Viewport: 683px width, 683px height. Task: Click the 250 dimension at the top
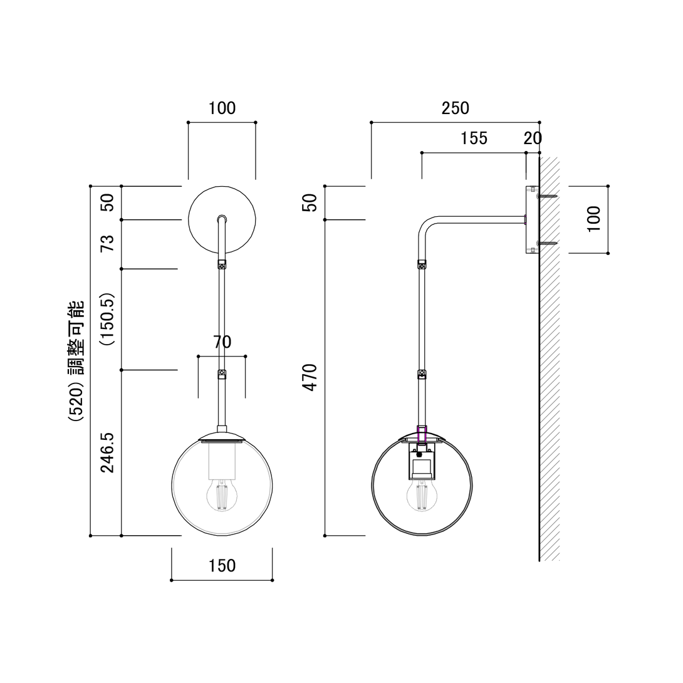pos(455,108)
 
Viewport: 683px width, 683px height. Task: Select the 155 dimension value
pos(474,138)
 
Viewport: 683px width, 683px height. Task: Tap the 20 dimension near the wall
pos(532,138)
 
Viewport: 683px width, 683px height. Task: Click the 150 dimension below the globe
pos(222,566)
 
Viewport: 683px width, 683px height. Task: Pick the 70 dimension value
pos(222,342)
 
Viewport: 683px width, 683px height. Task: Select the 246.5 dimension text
pos(108,451)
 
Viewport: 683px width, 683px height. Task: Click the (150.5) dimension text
pos(108,319)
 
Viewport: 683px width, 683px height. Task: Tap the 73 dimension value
pos(108,243)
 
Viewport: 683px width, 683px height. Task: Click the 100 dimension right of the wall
pos(594,219)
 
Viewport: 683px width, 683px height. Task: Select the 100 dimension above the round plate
pos(222,108)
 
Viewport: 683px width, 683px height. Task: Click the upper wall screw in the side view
pos(546,196)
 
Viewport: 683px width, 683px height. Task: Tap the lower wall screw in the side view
pos(546,243)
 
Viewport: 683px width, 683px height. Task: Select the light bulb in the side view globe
pos(422,495)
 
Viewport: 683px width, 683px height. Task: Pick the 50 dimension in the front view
pos(108,202)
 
